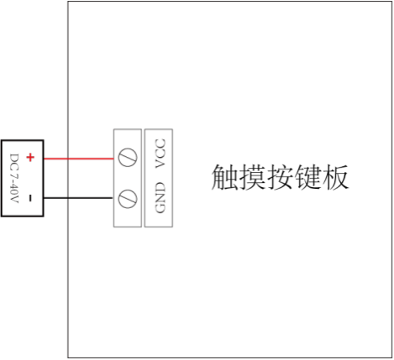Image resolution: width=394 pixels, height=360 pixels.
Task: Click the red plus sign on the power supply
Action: [x=30, y=157]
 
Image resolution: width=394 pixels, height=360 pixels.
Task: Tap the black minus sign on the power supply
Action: [x=30, y=198]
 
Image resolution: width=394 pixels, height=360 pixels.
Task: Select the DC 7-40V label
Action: [x=14, y=178]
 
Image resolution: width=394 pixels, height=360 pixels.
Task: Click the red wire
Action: [x=79, y=159]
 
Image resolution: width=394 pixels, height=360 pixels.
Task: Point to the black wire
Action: [x=78, y=198]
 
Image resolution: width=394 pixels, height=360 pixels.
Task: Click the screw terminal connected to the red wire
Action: [x=128, y=157]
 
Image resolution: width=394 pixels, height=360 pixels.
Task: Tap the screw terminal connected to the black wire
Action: [x=128, y=199]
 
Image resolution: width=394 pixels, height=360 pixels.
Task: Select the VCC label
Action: [x=160, y=154]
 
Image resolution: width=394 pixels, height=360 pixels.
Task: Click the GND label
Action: [x=160, y=197]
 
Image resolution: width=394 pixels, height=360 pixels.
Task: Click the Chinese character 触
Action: [x=224, y=177]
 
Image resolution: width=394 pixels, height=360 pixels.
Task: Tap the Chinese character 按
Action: [x=280, y=177]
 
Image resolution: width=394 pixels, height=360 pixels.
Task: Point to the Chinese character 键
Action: [x=307, y=177]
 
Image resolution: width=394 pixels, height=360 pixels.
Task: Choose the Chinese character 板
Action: [x=335, y=177]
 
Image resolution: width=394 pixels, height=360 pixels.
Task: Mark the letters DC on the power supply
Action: [x=14, y=161]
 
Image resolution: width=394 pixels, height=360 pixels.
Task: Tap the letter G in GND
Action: [x=160, y=208]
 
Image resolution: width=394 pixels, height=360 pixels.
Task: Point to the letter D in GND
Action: [x=160, y=186]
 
